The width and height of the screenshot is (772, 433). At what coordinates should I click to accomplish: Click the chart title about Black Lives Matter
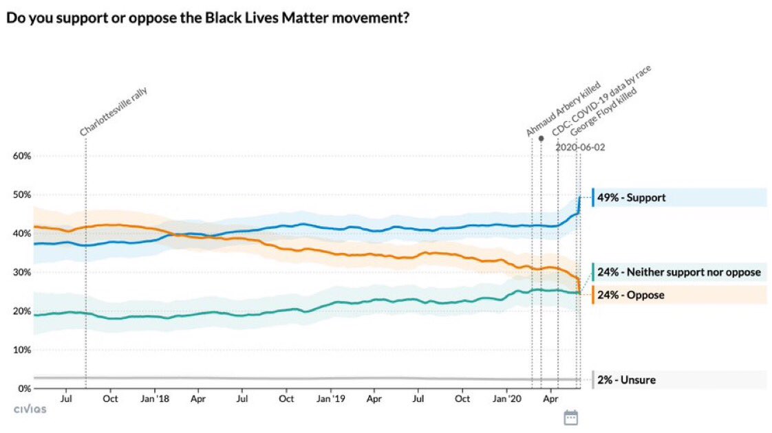click(208, 18)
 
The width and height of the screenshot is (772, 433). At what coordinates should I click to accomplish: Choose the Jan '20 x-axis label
click(507, 399)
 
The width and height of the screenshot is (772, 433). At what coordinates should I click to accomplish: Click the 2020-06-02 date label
click(580, 147)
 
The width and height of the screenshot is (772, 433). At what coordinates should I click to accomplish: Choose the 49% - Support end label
click(631, 198)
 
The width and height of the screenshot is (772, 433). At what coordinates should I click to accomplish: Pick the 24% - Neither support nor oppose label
click(679, 272)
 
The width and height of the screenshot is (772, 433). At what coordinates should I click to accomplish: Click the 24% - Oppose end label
click(631, 295)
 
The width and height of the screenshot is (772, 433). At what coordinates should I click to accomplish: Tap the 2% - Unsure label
click(626, 379)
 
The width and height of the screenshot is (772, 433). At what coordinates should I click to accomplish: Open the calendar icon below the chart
click(570, 417)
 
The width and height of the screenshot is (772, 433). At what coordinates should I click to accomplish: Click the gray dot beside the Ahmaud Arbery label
click(541, 138)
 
